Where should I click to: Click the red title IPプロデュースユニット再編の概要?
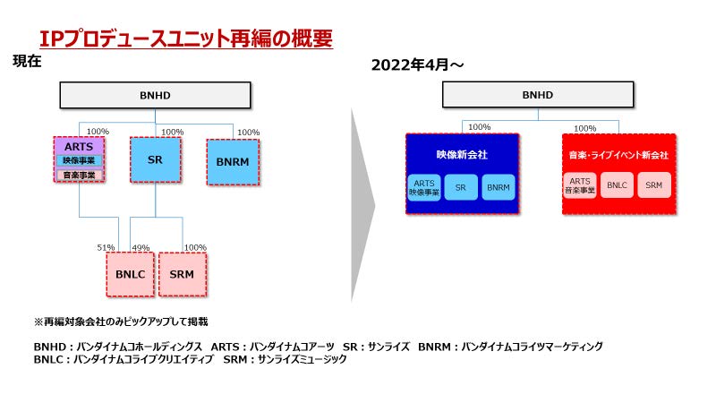(186, 39)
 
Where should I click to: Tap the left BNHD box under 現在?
(155, 95)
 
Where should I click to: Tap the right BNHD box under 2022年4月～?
(537, 95)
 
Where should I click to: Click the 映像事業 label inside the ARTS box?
(79, 160)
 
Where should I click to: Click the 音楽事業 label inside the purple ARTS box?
(79, 175)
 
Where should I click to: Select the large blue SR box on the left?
(155, 159)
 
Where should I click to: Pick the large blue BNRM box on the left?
(233, 161)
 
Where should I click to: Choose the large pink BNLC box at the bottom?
(131, 274)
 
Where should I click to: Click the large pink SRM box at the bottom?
(182, 274)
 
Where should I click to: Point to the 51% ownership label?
(106, 247)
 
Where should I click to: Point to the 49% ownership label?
(141, 247)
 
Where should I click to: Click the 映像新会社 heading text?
(462, 154)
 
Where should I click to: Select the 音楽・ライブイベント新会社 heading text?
(618, 155)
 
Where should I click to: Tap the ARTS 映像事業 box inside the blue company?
(423, 187)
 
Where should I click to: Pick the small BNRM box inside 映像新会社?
(498, 187)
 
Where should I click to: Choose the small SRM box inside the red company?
(654, 185)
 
